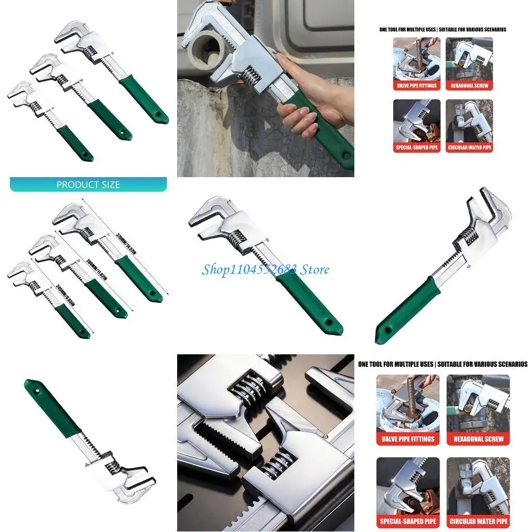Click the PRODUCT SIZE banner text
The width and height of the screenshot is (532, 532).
click(88, 184)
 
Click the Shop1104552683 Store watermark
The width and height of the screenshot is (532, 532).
click(265, 269)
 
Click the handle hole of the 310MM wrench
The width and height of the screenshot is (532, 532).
click(153, 294)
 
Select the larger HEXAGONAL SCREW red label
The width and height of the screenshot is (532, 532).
click(478, 439)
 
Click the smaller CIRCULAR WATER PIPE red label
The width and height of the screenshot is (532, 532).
click(469, 148)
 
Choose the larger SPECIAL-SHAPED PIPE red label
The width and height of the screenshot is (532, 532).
click(407, 521)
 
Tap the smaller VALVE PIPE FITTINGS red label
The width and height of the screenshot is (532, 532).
click(417, 85)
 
